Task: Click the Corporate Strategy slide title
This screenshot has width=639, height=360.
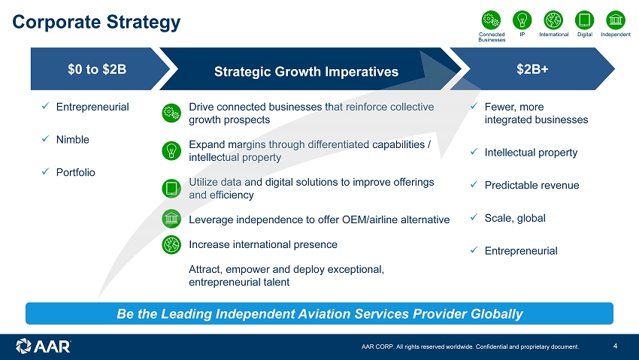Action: [x=96, y=22]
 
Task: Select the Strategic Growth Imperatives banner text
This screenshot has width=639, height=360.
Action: [x=306, y=71]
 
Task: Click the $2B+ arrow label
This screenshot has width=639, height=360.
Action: [x=532, y=69]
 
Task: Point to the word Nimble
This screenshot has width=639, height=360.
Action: [x=72, y=140]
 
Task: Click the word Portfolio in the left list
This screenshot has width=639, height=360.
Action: [x=75, y=172]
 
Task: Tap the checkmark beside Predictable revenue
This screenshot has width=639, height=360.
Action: [x=474, y=184]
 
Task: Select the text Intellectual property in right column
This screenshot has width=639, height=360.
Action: [x=531, y=153]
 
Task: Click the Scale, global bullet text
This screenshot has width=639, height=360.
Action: [x=515, y=218]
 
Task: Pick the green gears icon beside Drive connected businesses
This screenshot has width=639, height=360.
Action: [x=171, y=113]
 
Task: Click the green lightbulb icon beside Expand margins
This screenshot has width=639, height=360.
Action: [x=171, y=150]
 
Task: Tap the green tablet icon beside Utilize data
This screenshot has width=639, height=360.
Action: [x=171, y=189]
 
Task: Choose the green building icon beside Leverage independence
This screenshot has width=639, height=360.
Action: [x=171, y=219]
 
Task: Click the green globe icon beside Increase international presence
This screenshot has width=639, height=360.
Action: [x=171, y=245]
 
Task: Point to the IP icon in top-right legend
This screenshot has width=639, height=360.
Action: [x=522, y=20]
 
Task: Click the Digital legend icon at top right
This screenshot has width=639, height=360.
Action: [x=584, y=20]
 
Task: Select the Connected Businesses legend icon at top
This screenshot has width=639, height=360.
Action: [x=491, y=20]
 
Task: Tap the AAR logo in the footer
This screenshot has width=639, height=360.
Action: [x=43, y=346]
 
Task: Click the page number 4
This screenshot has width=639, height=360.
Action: [x=615, y=346]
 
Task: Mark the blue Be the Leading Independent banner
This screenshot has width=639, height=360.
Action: [x=319, y=313]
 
